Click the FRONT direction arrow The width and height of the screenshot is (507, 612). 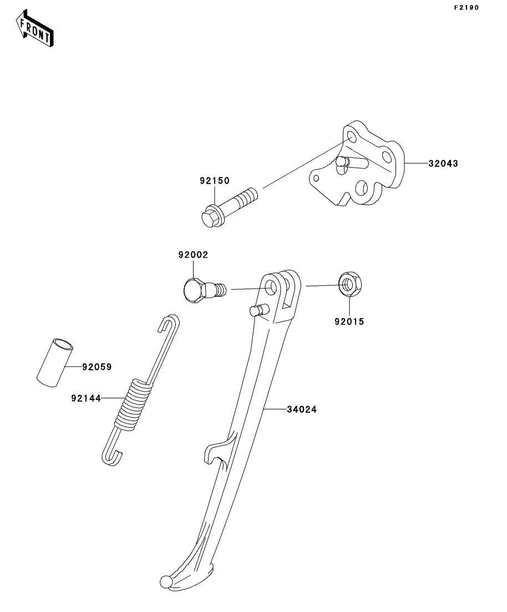(x=34, y=28)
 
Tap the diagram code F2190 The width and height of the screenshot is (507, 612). (x=466, y=7)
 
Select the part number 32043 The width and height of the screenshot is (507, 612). (x=443, y=164)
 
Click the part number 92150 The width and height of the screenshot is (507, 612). (x=215, y=181)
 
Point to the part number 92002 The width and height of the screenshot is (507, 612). (x=193, y=255)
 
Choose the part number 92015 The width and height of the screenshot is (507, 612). (x=349, y=321)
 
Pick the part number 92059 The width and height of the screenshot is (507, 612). (x=97, y=367)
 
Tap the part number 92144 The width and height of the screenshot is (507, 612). (x=86, y=398)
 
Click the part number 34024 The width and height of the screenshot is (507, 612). (x=302, y=409)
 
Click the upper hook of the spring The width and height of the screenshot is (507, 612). (x=169, y=322)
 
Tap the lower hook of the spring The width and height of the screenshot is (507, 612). (x=112, y=457)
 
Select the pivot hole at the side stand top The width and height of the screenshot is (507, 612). (x=271, y=287)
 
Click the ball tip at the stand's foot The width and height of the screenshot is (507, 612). (x=165, y=580)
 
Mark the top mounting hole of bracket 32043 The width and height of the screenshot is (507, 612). (x=352, y=137)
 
